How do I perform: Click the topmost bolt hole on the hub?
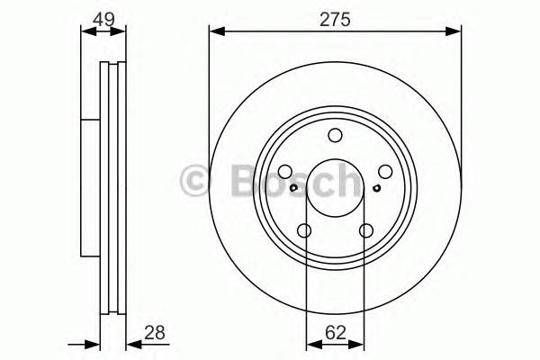point(335,136)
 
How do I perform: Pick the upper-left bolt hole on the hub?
point(284,173)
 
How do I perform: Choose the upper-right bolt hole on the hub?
point(385,173)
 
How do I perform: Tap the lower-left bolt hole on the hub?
point(304,231)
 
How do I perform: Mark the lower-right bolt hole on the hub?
point(365,231)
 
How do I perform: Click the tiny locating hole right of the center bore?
point(375,188)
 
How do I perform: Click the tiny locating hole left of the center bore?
point(294,188)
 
